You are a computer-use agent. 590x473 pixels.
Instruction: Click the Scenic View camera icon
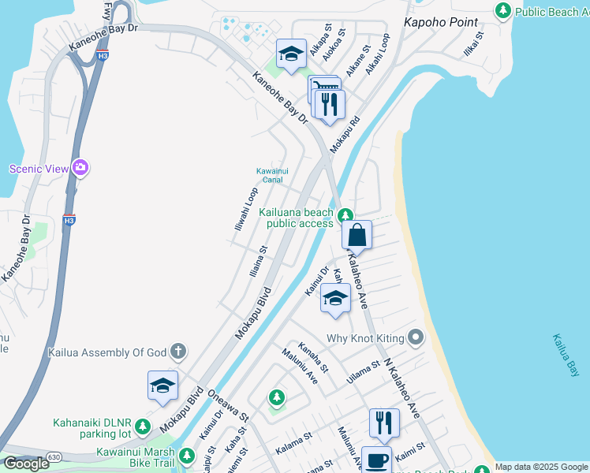80,167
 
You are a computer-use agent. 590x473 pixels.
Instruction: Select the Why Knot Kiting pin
416,338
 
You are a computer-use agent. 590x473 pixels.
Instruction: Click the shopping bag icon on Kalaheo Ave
357,234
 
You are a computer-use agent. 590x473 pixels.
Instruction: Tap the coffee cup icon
377,460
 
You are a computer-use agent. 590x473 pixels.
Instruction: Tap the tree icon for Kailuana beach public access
345,215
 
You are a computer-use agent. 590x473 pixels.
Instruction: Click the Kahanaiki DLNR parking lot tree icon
143,427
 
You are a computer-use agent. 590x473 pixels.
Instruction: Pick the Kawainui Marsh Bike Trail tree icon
186,456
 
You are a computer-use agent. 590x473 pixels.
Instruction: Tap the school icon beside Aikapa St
291,54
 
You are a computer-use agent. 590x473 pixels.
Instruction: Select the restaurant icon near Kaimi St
384,423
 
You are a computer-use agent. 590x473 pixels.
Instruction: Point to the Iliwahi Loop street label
246,208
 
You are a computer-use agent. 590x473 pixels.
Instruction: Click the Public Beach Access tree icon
502,10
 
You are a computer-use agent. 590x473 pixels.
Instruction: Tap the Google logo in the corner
26,464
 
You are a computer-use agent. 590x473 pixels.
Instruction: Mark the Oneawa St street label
228,407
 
